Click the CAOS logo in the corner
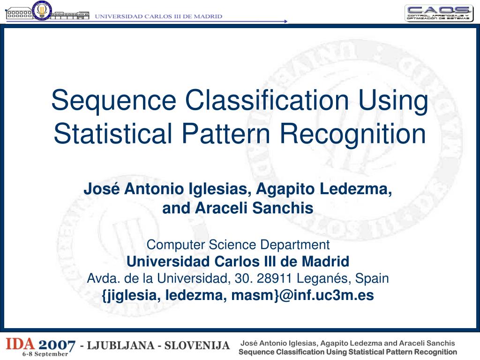pyautogui.click(x=439, y=13)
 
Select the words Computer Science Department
pyautogui.click(x=238, y=245)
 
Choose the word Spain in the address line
pyautogui.click(x=372, y=278)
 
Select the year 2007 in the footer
pyautogui.click(x=56, y=346)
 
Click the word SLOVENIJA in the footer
pyautogui.click(x=197, y=346)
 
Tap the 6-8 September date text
pyautogui.click(x=45, y=355)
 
